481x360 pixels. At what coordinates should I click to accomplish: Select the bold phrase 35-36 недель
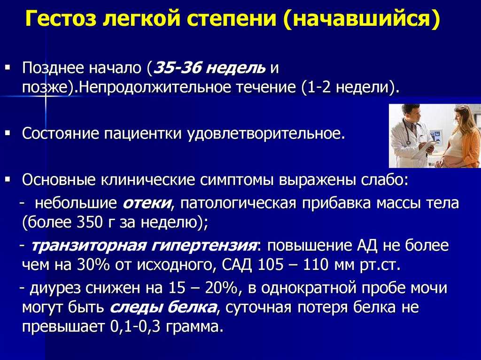point(209,68)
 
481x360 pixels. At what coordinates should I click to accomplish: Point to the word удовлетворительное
point(266,134)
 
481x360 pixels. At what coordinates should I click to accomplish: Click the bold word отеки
point(147,203)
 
